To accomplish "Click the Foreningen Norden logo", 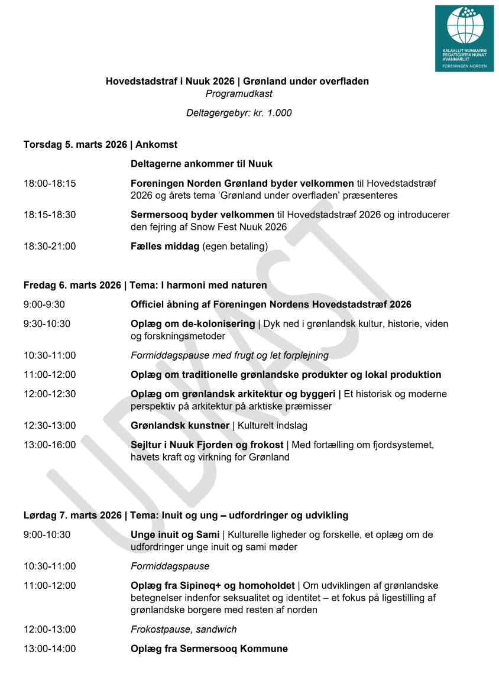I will tap(464, 38).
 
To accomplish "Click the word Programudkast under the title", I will tap(239, 93).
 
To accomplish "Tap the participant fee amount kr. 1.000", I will tap(273, 113).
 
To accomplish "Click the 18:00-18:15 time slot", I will tap(50, 183).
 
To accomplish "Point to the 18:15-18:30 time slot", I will tap(50, 215).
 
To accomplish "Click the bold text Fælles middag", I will tap(165, 246).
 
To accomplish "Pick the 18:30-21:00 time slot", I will tap(50, 246).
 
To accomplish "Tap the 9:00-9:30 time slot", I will tap(44, 304).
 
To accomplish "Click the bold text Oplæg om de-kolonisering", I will tap(192, 324).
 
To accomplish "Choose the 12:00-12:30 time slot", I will tap(50, 394).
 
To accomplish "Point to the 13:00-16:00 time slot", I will tap(50, 445).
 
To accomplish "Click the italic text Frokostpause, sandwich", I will tap(184, 629).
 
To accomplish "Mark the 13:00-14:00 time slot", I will tap(50, 649).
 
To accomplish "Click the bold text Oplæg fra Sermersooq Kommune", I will tap(209, 649).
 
